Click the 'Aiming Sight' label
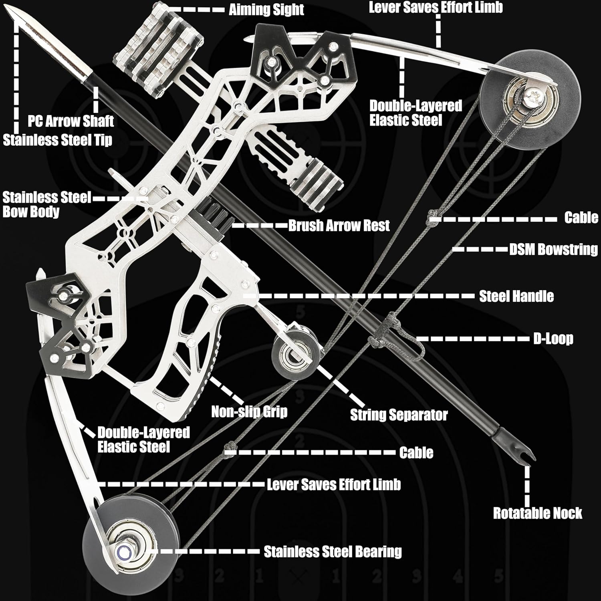pos(266,10)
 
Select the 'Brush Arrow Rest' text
pos(339,226)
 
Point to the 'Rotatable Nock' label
pos(537,513)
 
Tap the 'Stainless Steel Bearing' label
pos(333,552)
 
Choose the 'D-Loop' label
pos(553,339)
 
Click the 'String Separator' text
pos(399,415)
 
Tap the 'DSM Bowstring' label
pos(553,249)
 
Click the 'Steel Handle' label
pos(516,296)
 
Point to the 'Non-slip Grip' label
pos(249,411)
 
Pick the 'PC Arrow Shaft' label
pos(71,121)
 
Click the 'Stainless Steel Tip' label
pos(58,140)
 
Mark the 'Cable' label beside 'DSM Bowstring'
pos(581,218)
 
